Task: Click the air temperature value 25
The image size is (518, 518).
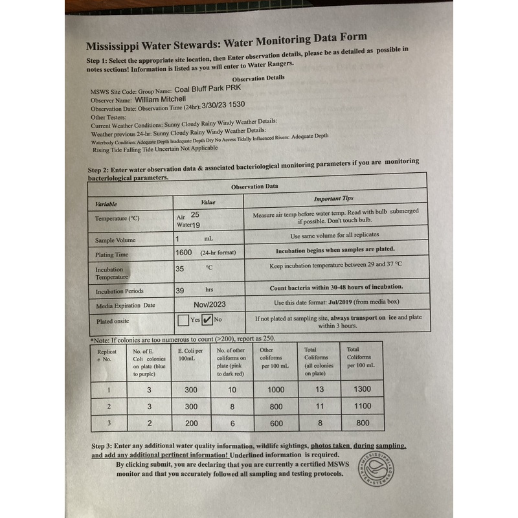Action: [x=196, y=214]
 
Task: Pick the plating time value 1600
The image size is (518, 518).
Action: [x=184, y=252]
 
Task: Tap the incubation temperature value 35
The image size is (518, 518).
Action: [x=180, y=267]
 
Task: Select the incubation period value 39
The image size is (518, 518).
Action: [x=180, y=291]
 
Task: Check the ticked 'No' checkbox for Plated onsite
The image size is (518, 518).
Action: [x=207, y=319]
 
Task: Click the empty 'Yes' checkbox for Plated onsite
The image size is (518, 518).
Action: [x=183, y=320]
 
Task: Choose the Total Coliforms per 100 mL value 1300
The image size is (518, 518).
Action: [x=363, y=389]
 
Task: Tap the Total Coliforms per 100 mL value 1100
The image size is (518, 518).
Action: [x=363, y=406]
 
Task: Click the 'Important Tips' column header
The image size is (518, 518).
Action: [x=333, y=199]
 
